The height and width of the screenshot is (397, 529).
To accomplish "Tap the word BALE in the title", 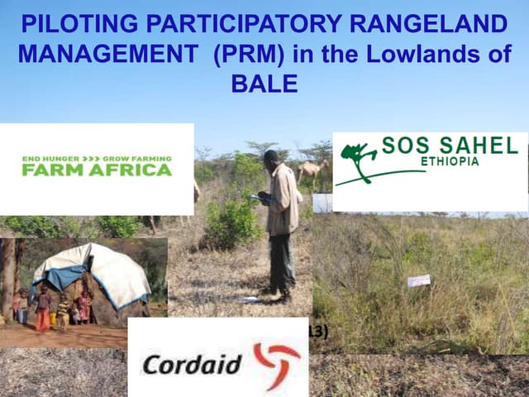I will [x=264, y=84].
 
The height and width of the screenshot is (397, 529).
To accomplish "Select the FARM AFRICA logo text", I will [x=97, y=170].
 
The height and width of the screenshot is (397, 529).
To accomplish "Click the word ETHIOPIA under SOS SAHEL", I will [x=450, y=161].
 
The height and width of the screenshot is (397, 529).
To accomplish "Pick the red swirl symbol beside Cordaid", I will [x=276, y=361].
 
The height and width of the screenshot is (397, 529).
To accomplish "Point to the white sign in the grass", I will [x=418, y=280].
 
